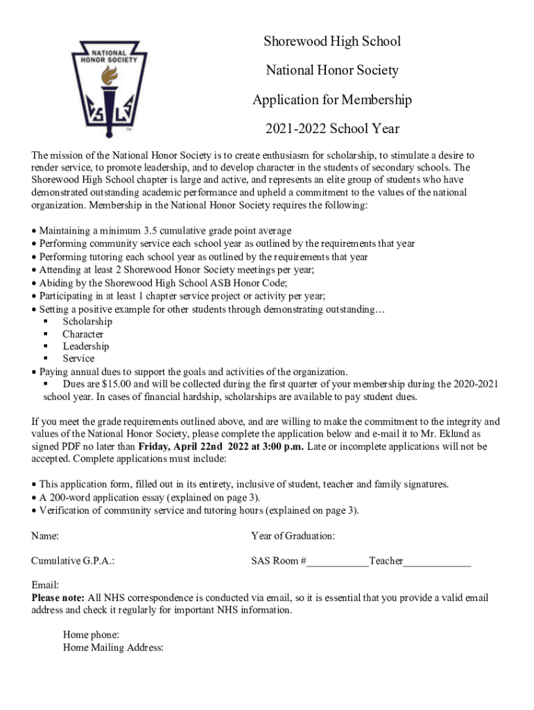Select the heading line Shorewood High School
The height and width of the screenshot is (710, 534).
point(331,42)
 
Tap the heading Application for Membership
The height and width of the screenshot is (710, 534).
point(331,100)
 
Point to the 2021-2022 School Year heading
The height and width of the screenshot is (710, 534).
point(331,129)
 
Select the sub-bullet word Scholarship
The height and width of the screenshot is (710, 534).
point(87,322)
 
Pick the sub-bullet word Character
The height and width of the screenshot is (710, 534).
point(83,334)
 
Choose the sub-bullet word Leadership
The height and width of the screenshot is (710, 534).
point(86,347)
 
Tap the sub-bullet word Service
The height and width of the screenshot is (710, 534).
point(78,358)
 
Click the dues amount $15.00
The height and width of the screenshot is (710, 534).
point(115,384)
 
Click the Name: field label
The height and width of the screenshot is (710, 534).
point(45,536)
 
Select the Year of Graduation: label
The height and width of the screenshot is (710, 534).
point(293,536)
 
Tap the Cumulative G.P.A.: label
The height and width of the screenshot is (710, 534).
point(73,561)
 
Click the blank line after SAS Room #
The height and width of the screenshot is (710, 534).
point(338,562)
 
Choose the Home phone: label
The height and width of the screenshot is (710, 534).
point(91,635)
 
